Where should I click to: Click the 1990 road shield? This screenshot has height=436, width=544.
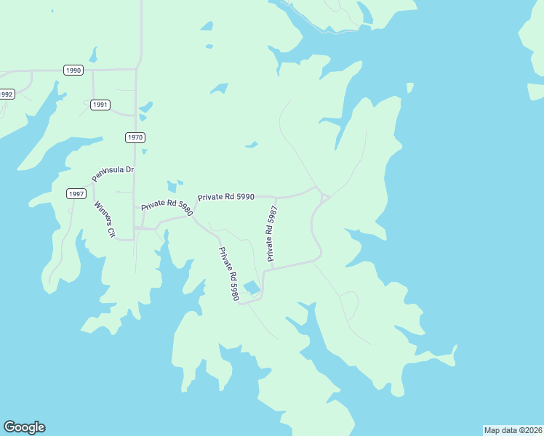[73, 70]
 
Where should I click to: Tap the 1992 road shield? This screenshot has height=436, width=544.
[6, 94]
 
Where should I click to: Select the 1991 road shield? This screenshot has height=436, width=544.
[100, 105]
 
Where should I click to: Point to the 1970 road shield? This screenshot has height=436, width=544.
[135, 137]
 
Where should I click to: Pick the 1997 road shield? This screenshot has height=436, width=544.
[76, 193]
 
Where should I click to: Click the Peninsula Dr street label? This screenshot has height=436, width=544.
[113, 174]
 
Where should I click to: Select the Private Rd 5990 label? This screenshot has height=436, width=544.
[226, 197]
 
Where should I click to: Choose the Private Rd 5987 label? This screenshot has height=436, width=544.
[272, 234]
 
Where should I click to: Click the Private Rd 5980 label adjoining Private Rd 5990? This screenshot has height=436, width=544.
[167, 205]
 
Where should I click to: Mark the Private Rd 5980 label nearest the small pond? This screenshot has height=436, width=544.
[229, 275]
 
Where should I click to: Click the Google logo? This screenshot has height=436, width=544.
[24, 427]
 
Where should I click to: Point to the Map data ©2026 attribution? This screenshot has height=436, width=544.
[513, 430]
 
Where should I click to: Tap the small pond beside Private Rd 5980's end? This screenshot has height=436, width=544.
[252, 287]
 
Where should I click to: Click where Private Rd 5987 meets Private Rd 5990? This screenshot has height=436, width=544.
[276, 197]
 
